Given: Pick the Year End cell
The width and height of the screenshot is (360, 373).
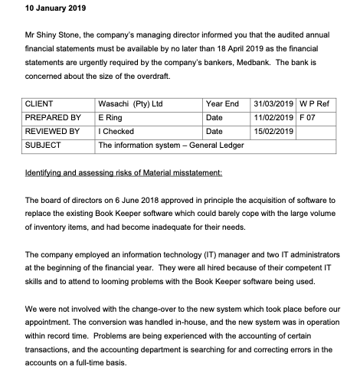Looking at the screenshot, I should tap(222, 104).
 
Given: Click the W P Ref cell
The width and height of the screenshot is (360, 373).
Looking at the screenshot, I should tap(316, 104).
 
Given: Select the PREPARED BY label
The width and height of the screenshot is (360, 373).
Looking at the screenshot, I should tap(53, 118).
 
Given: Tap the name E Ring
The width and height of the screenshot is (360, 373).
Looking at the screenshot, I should tap(112, 118).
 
